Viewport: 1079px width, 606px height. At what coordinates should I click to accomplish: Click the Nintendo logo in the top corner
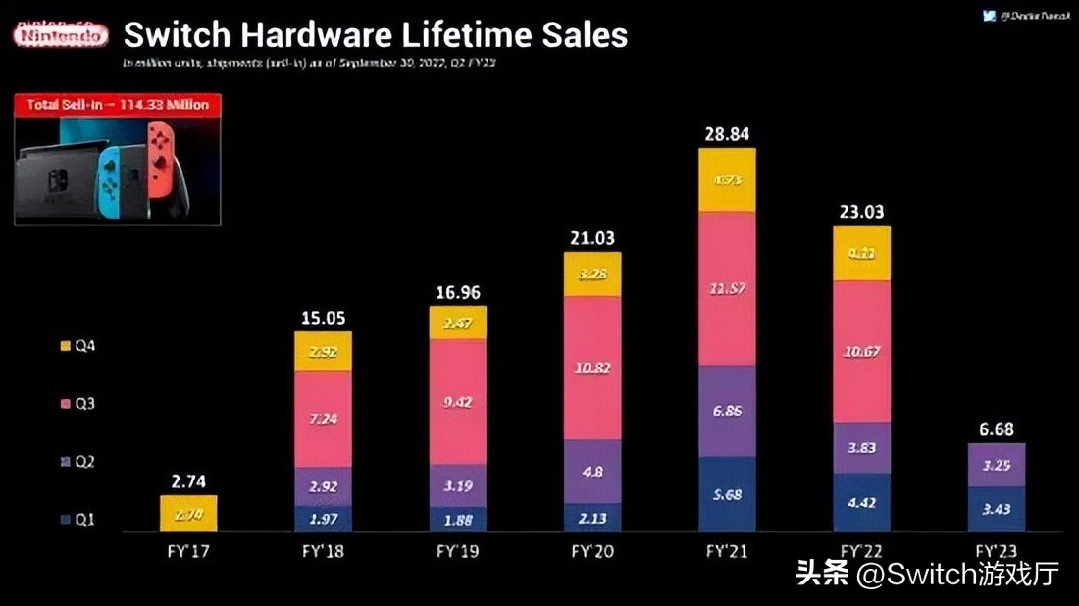click(61, 35)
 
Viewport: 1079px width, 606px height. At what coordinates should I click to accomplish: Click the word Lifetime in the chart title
click(468, 35)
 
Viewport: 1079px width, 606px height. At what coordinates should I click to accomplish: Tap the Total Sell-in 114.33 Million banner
click(118, 104)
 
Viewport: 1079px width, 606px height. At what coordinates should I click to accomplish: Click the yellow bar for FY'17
click(188, 514)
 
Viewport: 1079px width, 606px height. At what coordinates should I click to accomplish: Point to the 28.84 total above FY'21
click(727, 133)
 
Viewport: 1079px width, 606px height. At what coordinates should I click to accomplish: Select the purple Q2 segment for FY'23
click(996, 465)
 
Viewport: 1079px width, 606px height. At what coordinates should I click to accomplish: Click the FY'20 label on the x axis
click(591, 551)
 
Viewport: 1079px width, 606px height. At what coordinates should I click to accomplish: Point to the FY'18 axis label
click(323, 551)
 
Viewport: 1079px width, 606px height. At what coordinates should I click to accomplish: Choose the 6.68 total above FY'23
click(996, 429)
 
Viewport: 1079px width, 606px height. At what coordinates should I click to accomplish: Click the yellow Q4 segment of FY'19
click(457, 323)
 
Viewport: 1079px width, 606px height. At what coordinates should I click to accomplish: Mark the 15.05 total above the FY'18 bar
click(323, 318)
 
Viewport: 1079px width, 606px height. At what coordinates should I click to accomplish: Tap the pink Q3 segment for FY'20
click(591, 368)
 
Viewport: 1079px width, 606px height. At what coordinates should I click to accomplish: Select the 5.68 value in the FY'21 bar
click(727, 494)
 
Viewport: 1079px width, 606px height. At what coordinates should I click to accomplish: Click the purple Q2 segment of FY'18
click(323, 485)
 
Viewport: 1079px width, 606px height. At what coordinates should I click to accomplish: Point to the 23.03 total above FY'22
click(861, 211)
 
